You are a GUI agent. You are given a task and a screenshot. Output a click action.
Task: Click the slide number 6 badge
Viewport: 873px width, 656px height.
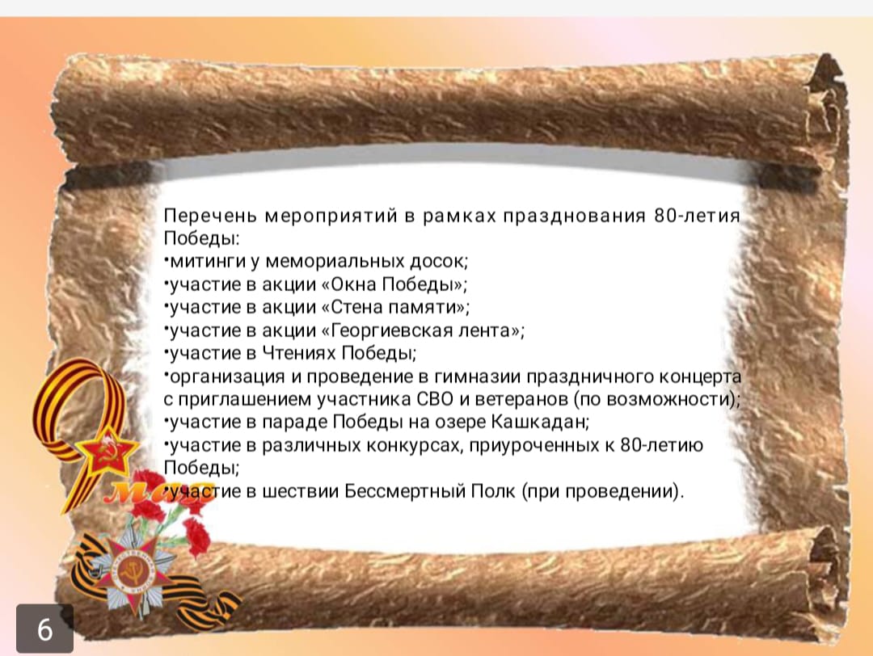click(x=44, y=629)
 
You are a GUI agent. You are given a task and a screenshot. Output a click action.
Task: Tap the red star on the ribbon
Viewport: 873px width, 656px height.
click(x=107, y=452)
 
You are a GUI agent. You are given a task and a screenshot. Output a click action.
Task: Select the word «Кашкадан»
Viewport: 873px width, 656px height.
click(x=539, y=422)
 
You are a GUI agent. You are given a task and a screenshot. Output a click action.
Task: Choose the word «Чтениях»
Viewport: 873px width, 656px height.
click(x=299, y=353)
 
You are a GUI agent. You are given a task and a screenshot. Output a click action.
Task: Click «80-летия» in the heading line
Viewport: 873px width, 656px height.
click(x=697, y=216)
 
